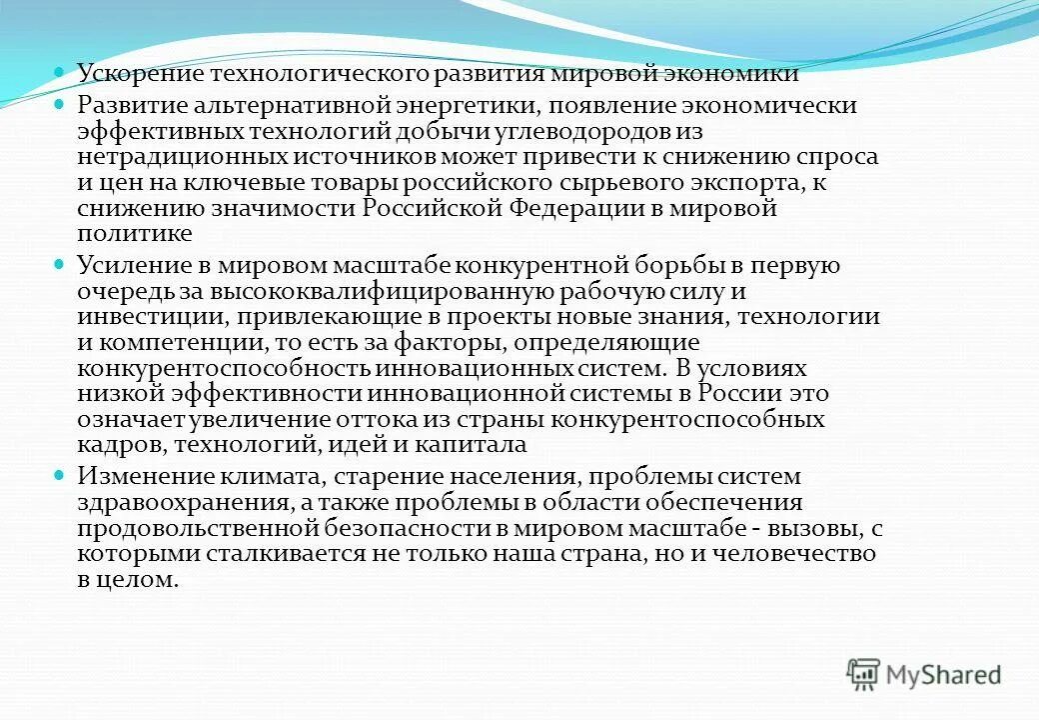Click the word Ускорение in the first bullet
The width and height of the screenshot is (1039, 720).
click(133, 74)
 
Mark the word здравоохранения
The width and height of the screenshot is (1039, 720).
click(183, 503)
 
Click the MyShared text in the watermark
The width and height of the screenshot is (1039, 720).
click(943, 674)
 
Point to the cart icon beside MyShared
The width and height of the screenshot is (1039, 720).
click(864, 674)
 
